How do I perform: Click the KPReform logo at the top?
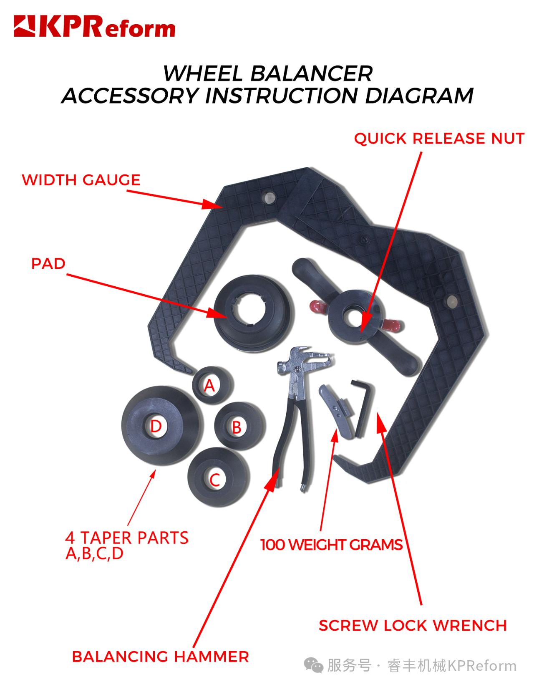(x=94, y=27)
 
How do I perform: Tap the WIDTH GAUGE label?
(x=81, y=180)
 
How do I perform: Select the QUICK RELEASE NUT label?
(x=439, y=139)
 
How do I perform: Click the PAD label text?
(x=48, y=264)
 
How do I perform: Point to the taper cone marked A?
(x=212, y=385)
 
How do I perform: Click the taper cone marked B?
(x=239, y=427)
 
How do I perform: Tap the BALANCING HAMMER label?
(x=160, y=657)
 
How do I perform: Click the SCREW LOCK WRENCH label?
(x=413, y=626)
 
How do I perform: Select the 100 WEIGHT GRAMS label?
(x=331, y=545)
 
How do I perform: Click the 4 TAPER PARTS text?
(x=127, y=538)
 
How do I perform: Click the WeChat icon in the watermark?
(x=313, y=665)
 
